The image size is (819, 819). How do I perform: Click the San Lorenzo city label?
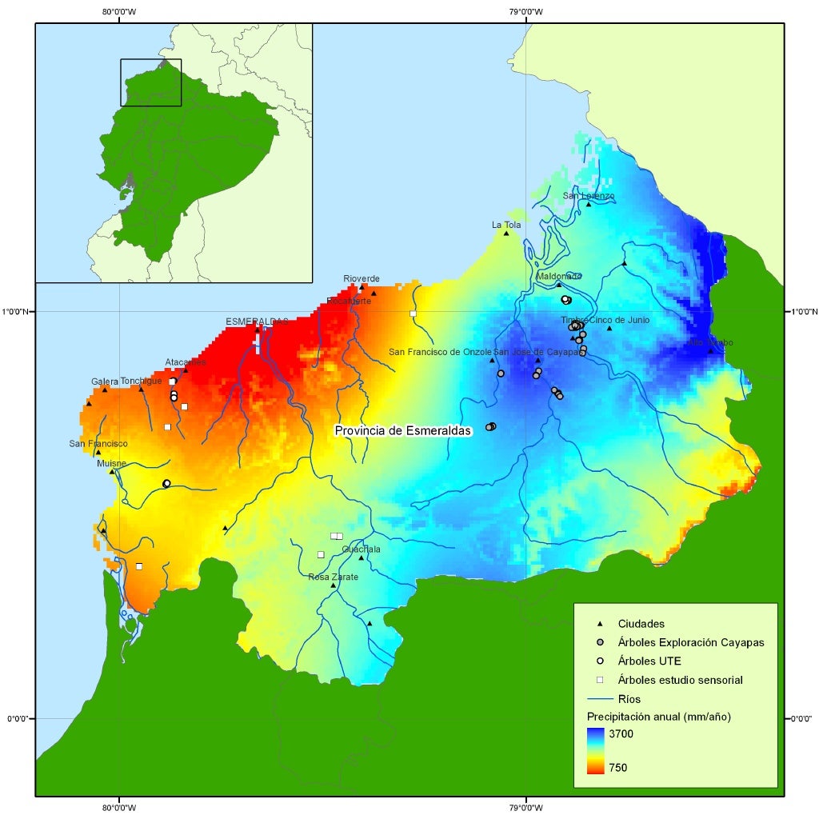click(x=589, y=196)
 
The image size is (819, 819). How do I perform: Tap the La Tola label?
click(x=506, y=225)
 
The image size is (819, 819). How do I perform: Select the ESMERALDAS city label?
click(x=256, y=321)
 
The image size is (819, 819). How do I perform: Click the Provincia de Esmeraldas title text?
click(x=403, y=430)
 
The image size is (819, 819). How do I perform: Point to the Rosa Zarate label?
click(x=330, y=576)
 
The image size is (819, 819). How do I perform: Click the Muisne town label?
click(x=111, y=463)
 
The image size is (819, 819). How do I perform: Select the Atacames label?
click(x=186, y=362)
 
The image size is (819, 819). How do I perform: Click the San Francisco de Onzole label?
click(x=439, y=352)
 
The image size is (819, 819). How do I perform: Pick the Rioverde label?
click(x=362, y=278)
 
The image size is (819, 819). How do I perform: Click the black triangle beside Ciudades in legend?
click(x=600, y=624)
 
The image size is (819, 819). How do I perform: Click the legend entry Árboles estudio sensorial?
click(x=680, y=680)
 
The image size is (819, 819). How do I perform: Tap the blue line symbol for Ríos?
click(x=600, y=699)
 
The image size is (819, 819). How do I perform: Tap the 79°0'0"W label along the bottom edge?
click(x=525, y=808)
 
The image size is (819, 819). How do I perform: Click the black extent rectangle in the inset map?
click(x=150, y=82)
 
